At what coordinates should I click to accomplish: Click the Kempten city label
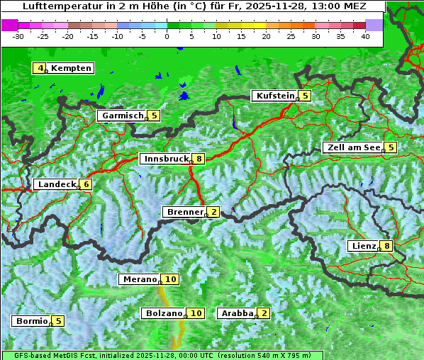tap(71, 68)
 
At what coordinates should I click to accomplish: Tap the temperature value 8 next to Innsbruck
tap(201, 159)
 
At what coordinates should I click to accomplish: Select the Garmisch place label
tap(123, 116)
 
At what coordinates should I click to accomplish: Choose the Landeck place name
tap(57, 184)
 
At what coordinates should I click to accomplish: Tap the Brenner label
tap(185, 212)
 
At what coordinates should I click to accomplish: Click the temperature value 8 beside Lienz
tap(386, 246)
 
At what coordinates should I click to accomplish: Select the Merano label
tap(139, 279)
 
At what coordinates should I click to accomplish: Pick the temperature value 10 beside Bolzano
tap(196, 313)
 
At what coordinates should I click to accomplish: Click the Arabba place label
tap(238, 313)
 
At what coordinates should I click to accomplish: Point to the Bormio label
tap(32, 320)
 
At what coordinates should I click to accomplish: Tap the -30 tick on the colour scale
tap(18, 35)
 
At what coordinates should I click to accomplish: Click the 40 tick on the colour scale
tap(365, 35)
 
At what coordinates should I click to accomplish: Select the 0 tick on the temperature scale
tap(167, 35)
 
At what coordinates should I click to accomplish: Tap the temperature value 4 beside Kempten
tap(40, 68)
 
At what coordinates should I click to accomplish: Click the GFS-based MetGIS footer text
tap(49, 355)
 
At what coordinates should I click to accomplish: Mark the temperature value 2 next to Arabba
tap(264, 313)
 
